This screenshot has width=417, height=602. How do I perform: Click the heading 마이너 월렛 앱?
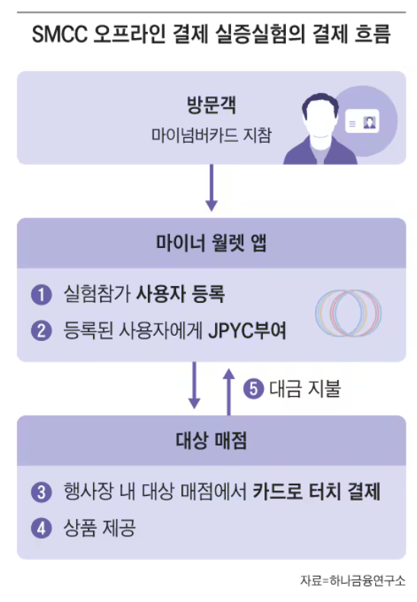[x=211, y=243]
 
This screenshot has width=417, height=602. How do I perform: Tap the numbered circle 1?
[x=40, y=294]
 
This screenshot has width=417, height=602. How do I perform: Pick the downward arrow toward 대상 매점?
[x=194, y=385]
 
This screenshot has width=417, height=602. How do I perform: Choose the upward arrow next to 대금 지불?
[x=228, y=389]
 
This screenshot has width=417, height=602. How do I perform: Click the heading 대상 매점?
[x=211, y=441]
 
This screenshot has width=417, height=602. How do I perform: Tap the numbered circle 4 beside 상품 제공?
[x=40, y=528]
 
